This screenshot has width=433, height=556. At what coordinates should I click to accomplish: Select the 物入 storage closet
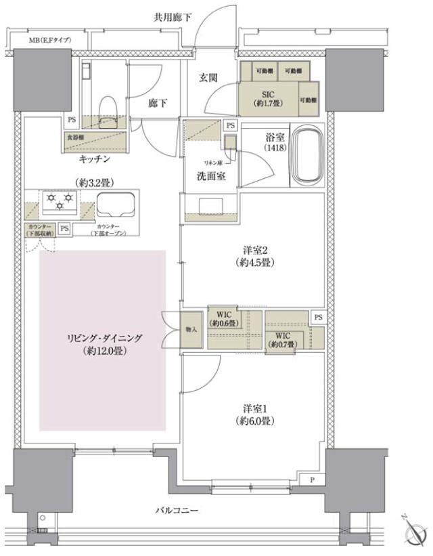[191, 329]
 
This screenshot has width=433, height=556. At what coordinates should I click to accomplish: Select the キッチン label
[94, 160]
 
